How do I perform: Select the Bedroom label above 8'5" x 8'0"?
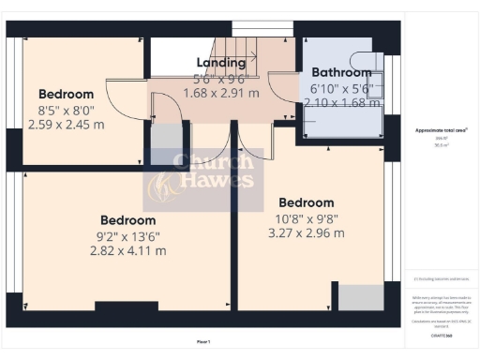(x=66, y=94)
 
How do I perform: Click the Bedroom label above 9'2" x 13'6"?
(x=127, y=220)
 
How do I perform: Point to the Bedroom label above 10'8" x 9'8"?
(x=306, y=202)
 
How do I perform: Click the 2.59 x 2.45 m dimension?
(x=66, y=123)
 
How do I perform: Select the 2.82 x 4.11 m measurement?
(x=127, y=250)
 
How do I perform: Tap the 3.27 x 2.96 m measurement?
(x=306, y=232)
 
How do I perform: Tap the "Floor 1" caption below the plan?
(x=203, y=341)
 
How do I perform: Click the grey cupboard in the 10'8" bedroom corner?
(x=359, y=297)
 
